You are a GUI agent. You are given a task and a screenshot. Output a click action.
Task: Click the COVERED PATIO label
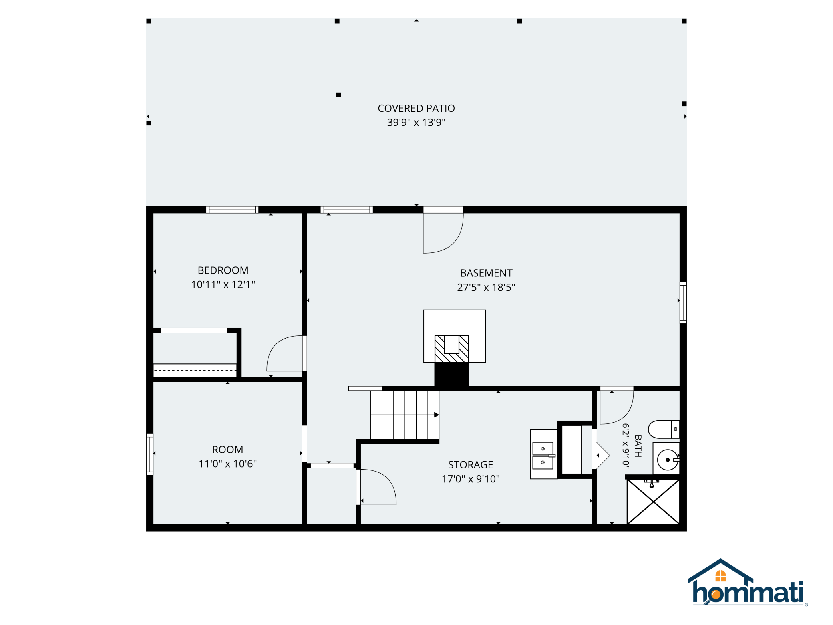pyautogui.click(x=416, y=108)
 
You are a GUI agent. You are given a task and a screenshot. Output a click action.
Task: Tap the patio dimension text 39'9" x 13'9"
pyautogui.click(x=416, y=122)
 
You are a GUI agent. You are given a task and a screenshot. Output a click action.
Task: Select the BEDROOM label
pyautogui.click(x=223, y=270)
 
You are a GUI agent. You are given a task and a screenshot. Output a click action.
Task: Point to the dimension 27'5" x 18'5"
pyautogui.click(x=486, y=287)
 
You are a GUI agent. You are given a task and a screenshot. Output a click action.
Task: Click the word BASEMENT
pyautogui.click(x=486, y=273)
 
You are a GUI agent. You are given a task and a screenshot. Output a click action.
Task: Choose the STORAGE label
pyautogui.click(x=471, y=465)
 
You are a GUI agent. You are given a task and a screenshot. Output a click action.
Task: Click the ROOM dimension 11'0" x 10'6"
pyautogui.click(x=227, y=464)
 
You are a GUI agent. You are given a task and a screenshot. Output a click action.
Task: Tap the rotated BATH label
pyautogui.click(x=638, y=446)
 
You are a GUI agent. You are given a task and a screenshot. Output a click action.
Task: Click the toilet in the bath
pyautogui.click(x=664, y=429)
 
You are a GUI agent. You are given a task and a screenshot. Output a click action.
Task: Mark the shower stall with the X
pyautogui.click(x=653, y=501)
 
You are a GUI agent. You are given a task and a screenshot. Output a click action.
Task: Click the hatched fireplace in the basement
pyautogui.click(x=452, y=349)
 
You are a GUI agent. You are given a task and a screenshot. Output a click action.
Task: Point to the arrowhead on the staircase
pyautogui.click(x=437, y=415)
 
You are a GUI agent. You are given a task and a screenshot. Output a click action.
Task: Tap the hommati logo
pyautogui.click(x=747, y=583)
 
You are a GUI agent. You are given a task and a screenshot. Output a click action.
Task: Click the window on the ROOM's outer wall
pyautogui.click(x=150, y=454)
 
